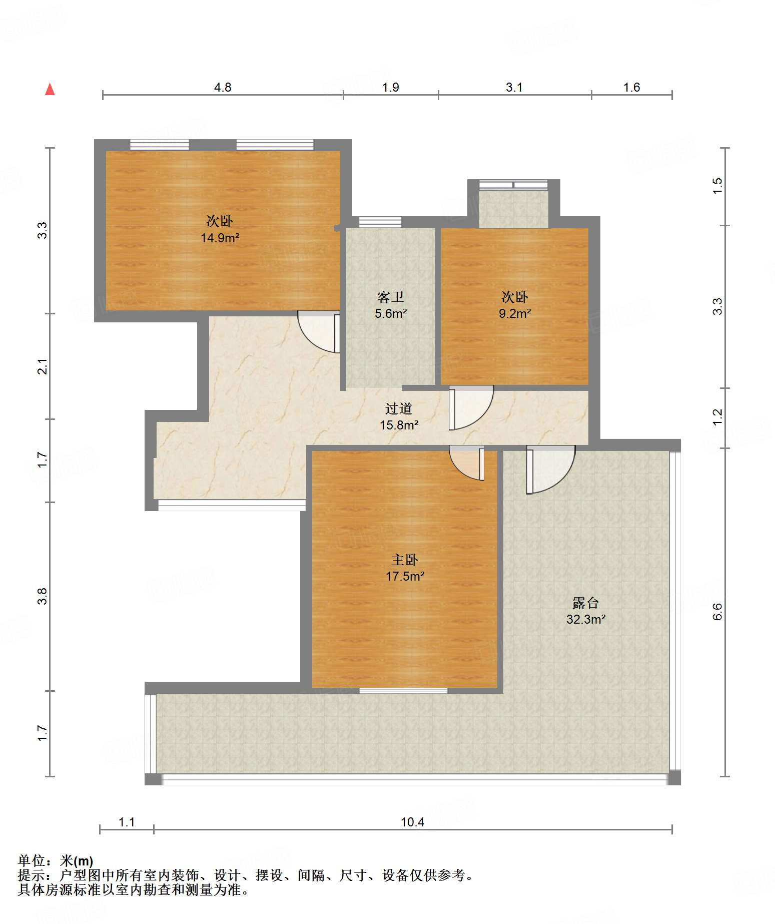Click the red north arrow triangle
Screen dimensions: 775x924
pyautogui.click(x=50, y=89)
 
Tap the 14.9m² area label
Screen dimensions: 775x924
pyautogui.click(x=220, y=238)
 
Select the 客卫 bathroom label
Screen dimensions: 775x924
pyautogui.click(x=390, y=297)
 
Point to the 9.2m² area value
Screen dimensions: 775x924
pyautogui.click(x=514, y=313)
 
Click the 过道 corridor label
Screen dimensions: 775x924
pyautogui.click(x=398, y=409)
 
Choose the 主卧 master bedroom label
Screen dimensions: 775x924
pyautogui.click(x=404, y=560)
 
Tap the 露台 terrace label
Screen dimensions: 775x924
pyautogui.click(x=585, y=603)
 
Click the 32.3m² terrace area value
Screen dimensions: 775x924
pyautogui.click(x=586, y=619)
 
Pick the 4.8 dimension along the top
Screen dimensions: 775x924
pyautogui.click(x=223, y=88)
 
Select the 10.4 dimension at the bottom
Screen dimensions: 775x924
pyautogui.click(x=412, y=822)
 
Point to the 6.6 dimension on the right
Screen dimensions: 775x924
pyautogui.click(x=717, y=612)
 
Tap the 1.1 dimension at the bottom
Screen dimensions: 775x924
pyautogui.click(x=127, y=822)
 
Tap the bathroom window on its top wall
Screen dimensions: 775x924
pyautogui.click(x=380, y=222)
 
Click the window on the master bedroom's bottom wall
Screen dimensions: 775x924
pyautogui.click(x=403, y=691)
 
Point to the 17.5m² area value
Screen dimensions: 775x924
pyautogui.click(x=405, y=576)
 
